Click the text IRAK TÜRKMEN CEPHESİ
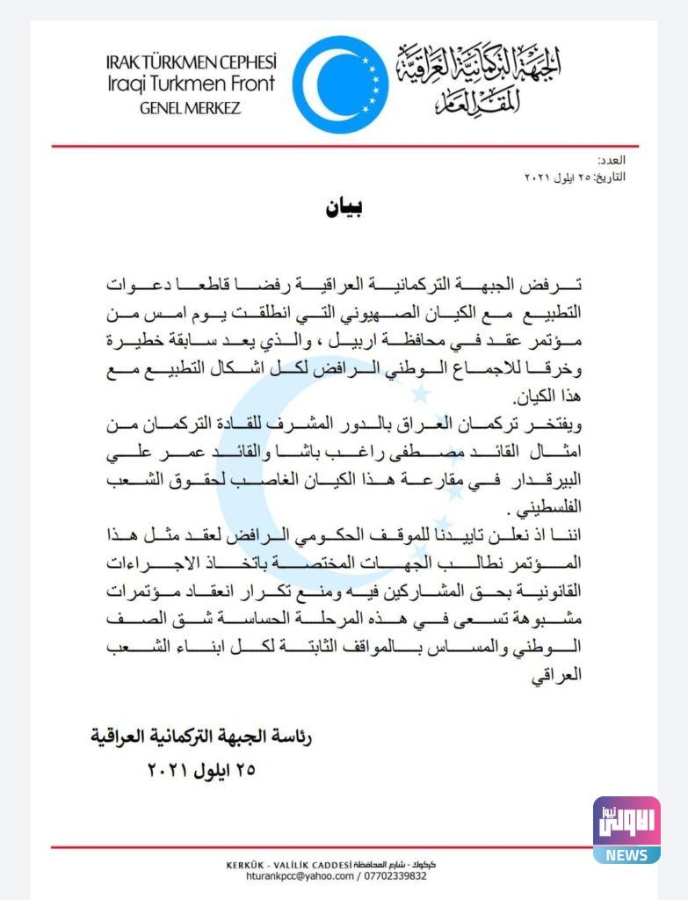190,62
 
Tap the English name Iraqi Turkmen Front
190,84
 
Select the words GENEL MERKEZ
190,108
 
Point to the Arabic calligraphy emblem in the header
479,78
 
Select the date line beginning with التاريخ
575,177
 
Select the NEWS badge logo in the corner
626,830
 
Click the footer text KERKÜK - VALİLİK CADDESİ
289,865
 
